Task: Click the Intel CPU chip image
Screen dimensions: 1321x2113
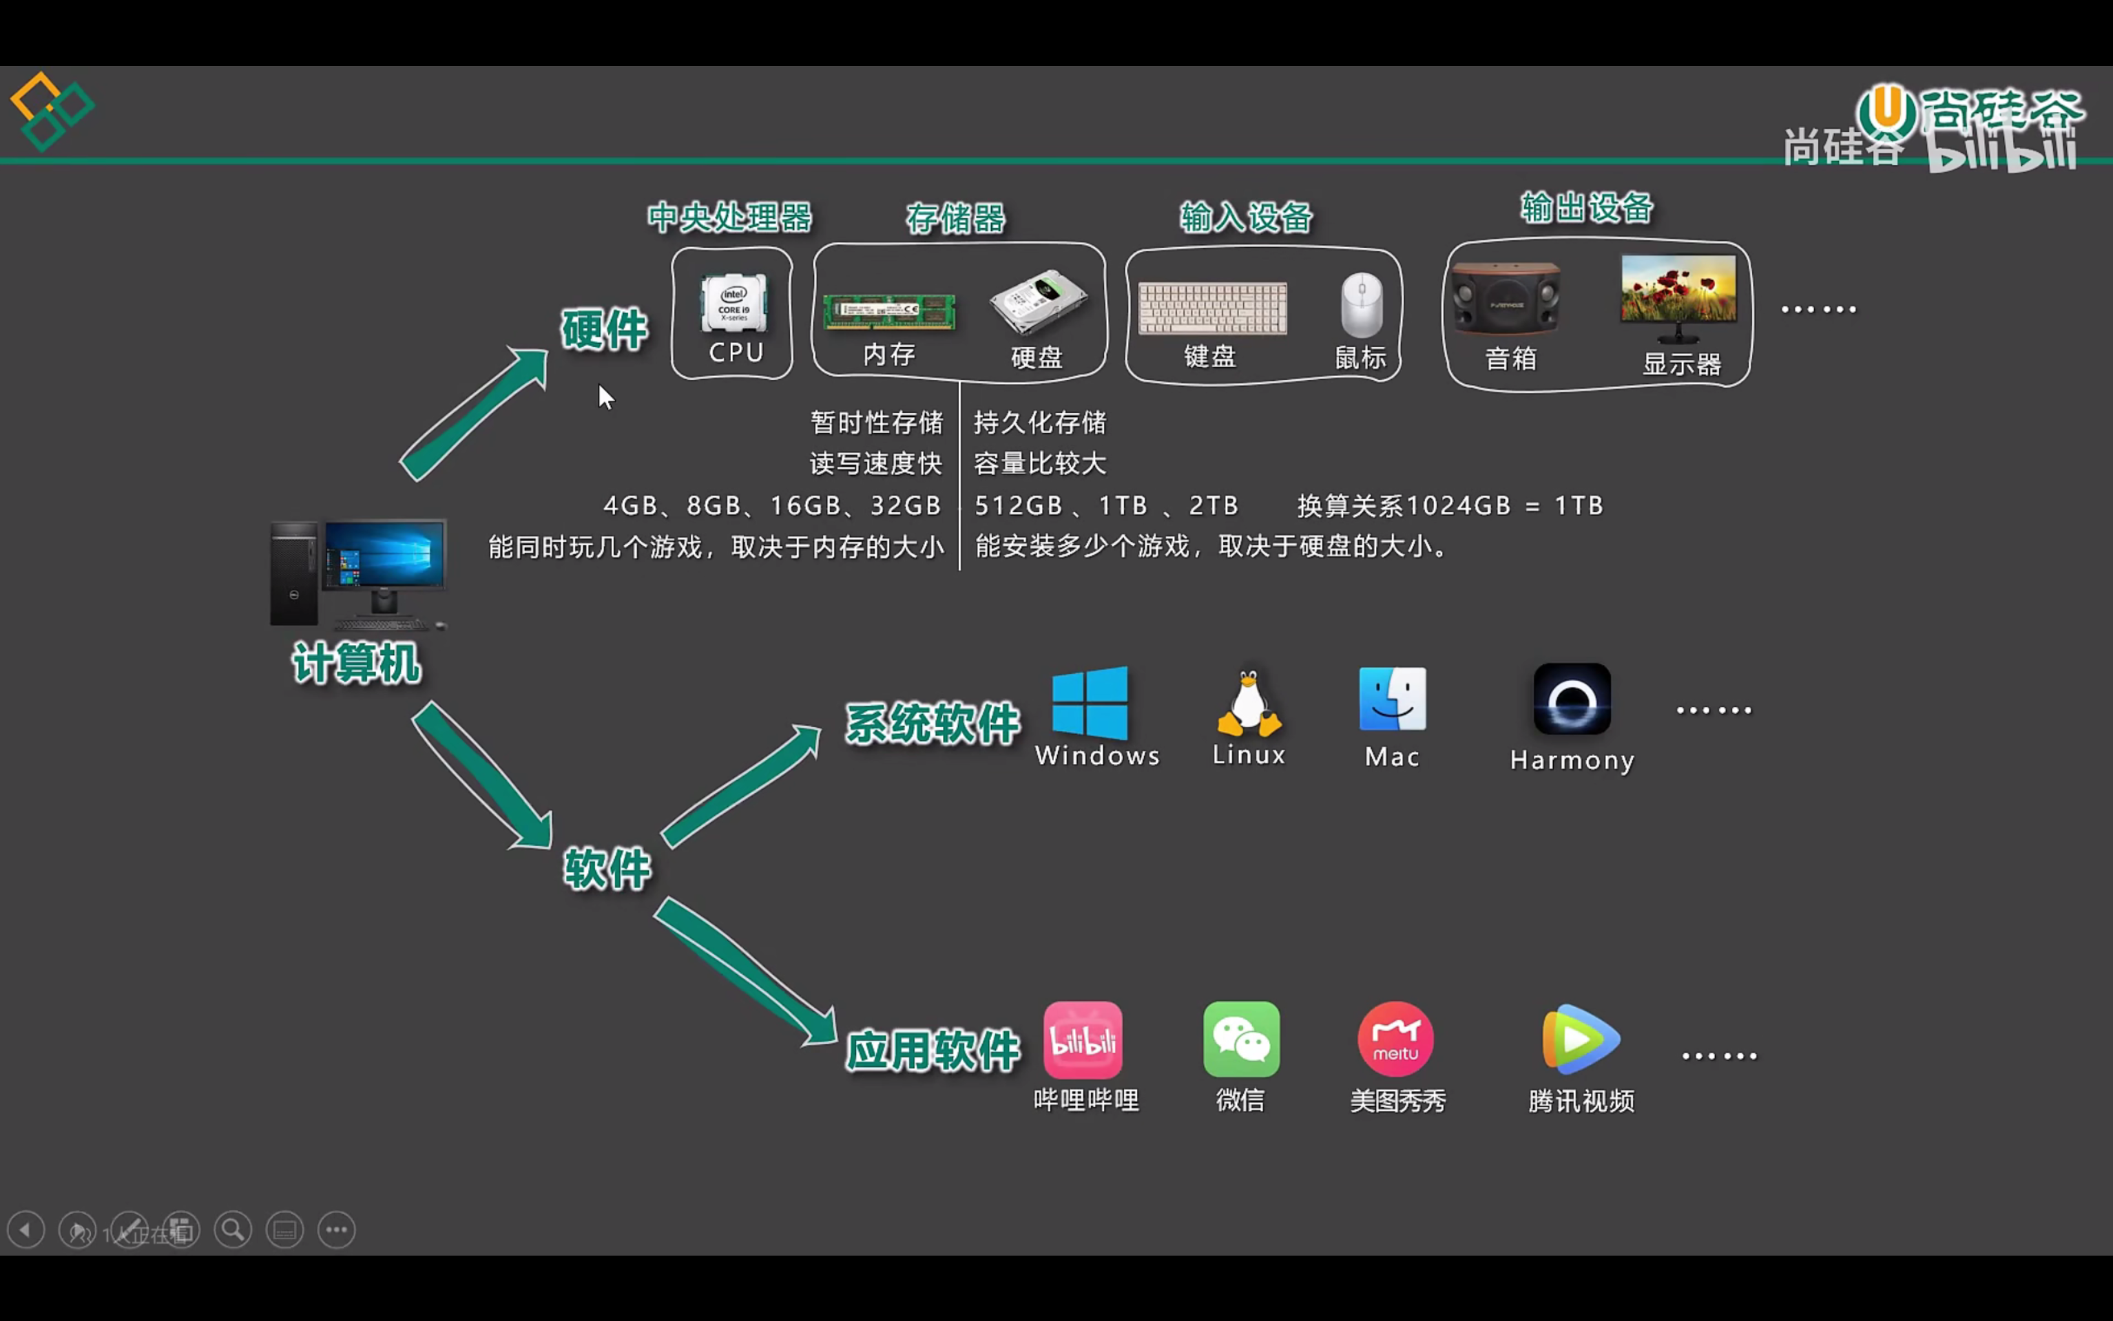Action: pos(734,303)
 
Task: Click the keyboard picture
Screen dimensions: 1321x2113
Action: pos(1212,308)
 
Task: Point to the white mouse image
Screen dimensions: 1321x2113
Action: pos(1362,305)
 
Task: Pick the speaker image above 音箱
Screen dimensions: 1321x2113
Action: pos(1506,298)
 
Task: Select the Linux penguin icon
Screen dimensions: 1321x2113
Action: pos(1249,704)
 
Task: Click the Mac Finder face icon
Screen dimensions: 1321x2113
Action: pos(1393,699)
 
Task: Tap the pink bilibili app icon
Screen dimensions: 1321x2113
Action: pos(1083,1039)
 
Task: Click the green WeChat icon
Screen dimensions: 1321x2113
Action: pos(1241,1039)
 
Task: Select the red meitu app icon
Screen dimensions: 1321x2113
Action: pos(1395,1039)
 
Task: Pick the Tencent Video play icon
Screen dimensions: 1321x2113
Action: pos(1581,1039)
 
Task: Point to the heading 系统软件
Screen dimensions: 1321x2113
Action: pos(933,723)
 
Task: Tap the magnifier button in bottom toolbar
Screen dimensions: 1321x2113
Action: pos(233,1230)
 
